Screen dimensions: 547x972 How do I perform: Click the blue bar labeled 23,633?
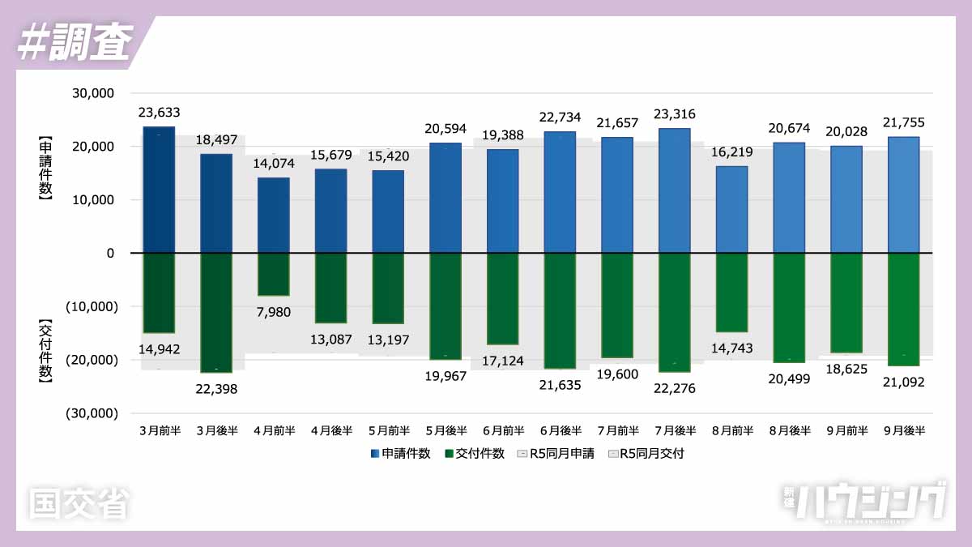[x=159, y=190]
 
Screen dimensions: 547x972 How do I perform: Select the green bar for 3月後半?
[x=216, y=313]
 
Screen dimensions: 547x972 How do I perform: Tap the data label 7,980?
[x=274, y=312]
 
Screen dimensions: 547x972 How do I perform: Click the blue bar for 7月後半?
[x=675, y=190]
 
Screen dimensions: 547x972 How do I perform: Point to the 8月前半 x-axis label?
[x=732, y=431]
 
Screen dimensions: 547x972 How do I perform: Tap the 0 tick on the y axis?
[x=110, y=253]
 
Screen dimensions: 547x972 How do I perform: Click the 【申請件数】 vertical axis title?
[x=45, y=173]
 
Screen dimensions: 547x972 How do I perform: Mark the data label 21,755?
[x=904, y=122]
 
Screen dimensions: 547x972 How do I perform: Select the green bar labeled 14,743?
[x=732, y=293]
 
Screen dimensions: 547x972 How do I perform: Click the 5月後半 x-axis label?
[x=446, y=431]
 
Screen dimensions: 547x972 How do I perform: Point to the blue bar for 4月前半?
[x=274, y=216]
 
